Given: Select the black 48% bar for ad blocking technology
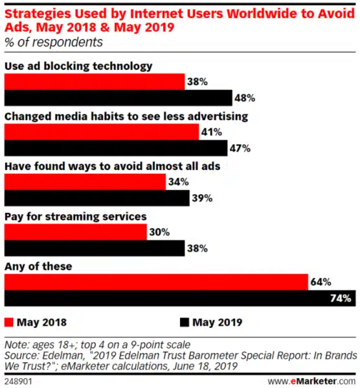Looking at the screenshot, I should (x=118, y=98).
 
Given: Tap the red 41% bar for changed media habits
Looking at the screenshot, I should (x=102, y=132).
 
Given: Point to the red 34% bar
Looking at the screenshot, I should (x=85, y=182).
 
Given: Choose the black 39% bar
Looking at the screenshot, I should (x=97, y=198).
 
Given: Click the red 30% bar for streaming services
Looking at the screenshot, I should (x=76, y=232).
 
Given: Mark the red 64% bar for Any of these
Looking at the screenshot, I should (x=156, y=282).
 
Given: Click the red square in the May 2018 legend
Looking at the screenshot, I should (x=9, y=321).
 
